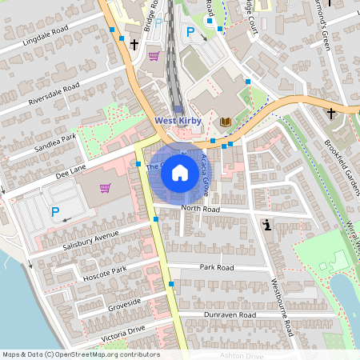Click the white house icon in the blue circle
coord(179,172)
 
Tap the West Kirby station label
coord(178,121)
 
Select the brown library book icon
coord(225,122)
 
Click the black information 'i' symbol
coord(266,226)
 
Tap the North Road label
coord(200,209)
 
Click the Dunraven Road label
coord(229,316)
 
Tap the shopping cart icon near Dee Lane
coord(105,189)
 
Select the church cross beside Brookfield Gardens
coord(330,114)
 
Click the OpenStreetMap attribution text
coord(81,354)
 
